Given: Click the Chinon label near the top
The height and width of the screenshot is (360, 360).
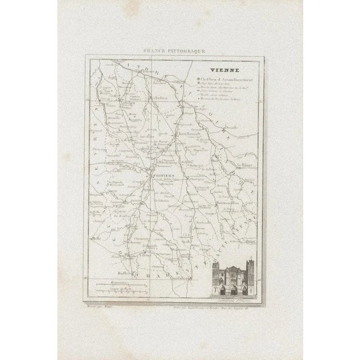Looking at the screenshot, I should (163, 73).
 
